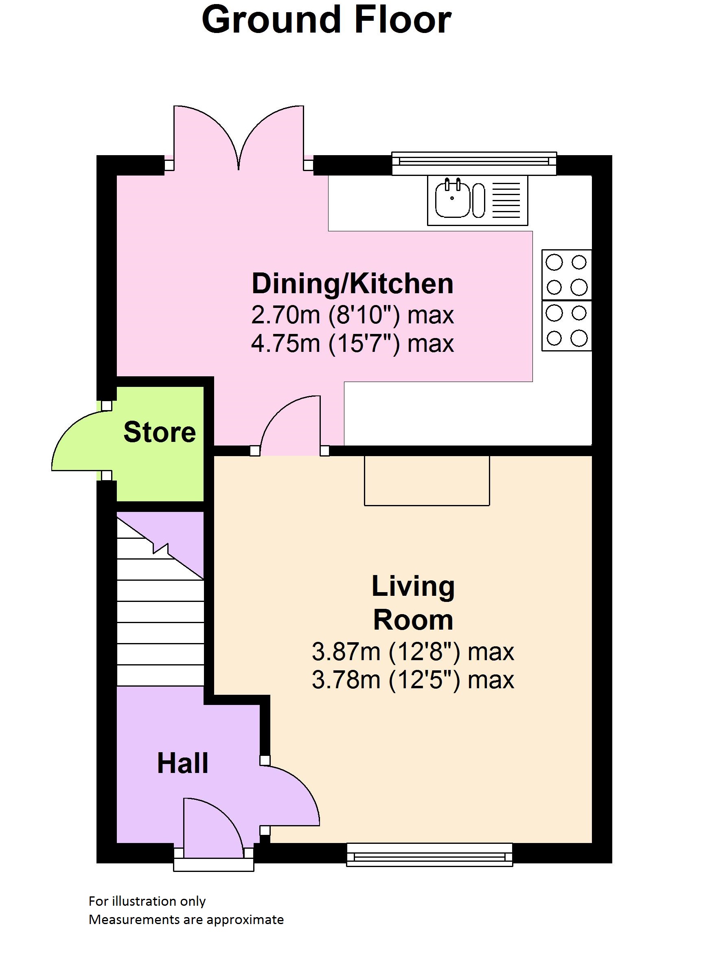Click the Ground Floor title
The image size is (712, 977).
click(326, 20)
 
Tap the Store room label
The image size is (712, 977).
click(160, 432)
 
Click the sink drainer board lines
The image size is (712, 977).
click(506, 200)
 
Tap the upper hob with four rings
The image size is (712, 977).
click(566, 274)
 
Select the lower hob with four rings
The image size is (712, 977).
click(566, 326)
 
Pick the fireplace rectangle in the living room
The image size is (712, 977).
click(427, 480)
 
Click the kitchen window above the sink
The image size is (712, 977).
click(474, 163)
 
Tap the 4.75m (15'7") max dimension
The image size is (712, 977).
click(353, 344)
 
